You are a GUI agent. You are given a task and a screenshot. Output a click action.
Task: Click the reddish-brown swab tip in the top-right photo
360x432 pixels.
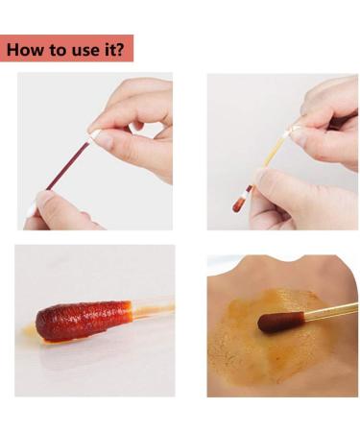click(x=239, y=204)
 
